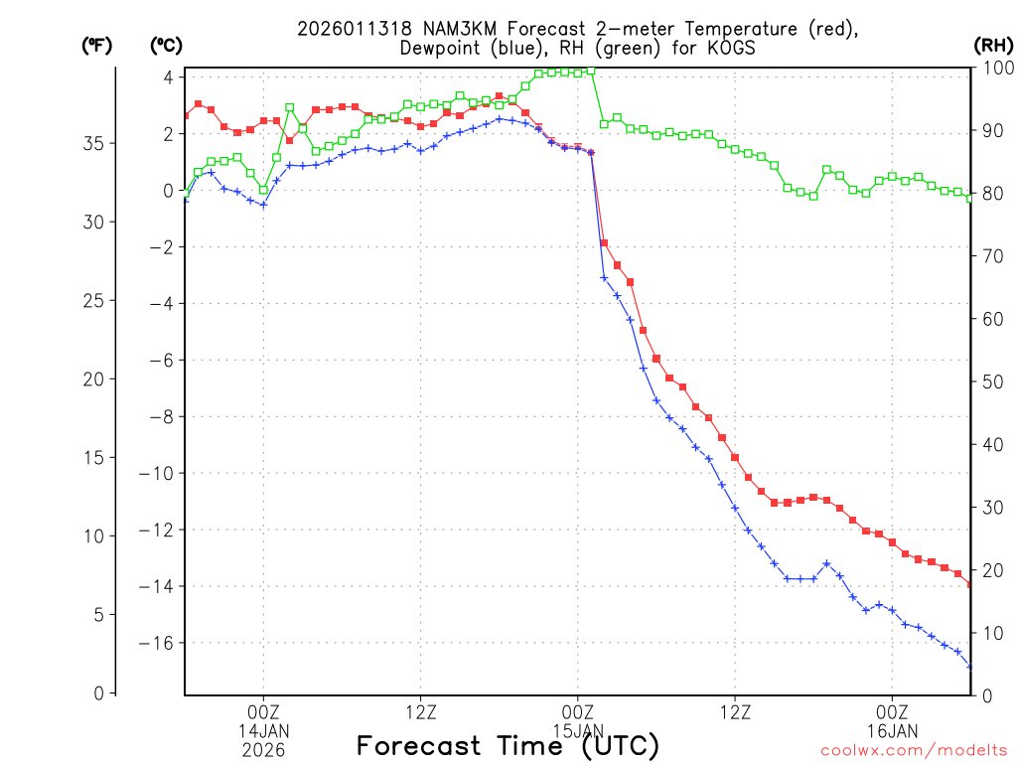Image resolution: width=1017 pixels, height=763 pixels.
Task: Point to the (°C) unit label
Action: point(168,46)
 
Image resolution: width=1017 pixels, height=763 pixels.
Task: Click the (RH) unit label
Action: point(993,46)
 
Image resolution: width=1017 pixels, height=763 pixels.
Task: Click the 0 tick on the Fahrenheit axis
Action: point(98,693)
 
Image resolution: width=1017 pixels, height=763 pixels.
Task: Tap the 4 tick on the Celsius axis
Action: point(169,77)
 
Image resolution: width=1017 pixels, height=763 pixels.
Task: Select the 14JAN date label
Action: point(263,731)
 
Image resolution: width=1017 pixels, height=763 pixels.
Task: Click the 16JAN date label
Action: point(892,731)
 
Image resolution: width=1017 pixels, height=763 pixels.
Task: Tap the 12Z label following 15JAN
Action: point(735,712)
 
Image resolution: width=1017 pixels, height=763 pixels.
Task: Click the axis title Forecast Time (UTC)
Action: point(508,745)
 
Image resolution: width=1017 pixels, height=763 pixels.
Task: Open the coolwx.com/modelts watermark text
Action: point(913,748)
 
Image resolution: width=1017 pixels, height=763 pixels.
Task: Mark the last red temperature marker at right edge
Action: point(970,584)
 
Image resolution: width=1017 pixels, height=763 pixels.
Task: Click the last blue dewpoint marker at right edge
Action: point(970,667)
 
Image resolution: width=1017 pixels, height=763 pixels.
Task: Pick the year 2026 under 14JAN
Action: point(263,750)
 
